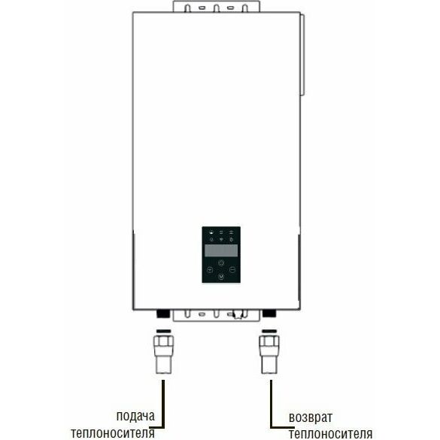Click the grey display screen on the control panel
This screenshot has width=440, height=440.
[221, 250]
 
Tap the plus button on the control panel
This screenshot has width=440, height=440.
[210, 270]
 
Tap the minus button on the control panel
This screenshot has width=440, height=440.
[232, 270]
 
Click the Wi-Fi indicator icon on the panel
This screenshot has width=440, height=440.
[221, 239]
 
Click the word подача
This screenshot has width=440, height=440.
[135, 416]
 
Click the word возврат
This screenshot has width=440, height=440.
[311, 417]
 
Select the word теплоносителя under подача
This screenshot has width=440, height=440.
[113, 433]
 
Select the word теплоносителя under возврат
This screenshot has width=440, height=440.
[330, 434]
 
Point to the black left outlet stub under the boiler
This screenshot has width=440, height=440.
[163, 314]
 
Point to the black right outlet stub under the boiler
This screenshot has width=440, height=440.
[269, 314]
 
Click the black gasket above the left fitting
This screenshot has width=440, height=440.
[164, 331]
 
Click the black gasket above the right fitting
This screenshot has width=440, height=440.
[269, 331]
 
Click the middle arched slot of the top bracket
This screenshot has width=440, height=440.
[217, 8]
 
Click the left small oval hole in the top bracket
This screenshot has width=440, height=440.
[202, 8]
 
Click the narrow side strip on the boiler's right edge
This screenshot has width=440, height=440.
[302, 55]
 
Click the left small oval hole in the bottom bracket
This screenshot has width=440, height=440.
[202, 314]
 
